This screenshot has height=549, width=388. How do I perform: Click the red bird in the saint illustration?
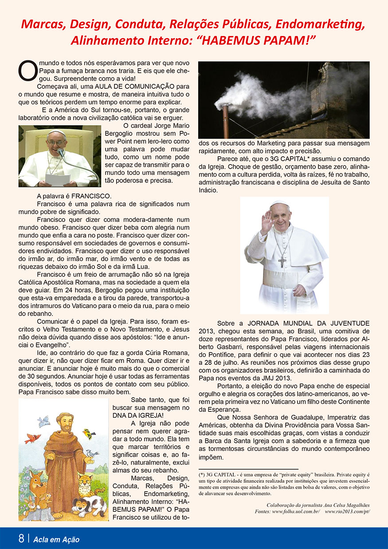point(32,439)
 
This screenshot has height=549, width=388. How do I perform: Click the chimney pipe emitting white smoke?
point(226,120)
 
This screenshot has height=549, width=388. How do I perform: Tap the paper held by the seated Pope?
point(58,179)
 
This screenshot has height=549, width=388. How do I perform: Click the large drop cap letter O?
point(26,71)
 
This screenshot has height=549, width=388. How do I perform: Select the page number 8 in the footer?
point(21,539)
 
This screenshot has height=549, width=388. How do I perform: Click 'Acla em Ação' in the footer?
point(56,540)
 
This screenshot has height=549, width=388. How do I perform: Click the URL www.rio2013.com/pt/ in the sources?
point(347,511)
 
